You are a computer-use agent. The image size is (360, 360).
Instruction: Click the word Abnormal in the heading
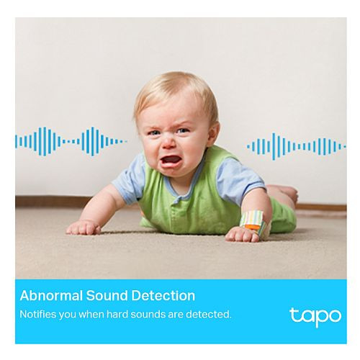pyautogui.click(x=51, y=295)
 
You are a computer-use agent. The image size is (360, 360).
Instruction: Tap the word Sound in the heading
pyautogui.click(x=107, y=295)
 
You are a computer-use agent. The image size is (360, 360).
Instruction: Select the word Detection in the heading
pyautogui.click(x=163, y=295)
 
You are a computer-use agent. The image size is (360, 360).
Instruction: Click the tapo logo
pyautogui.click(x=315, y=317)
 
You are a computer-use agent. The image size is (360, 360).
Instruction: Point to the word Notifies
pyautogui.click(x=37, y=314)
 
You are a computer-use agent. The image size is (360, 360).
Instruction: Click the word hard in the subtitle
pyautogui.click(x=117, y=314)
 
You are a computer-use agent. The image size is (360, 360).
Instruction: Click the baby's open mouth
pyautogui.click(x=170, y=161)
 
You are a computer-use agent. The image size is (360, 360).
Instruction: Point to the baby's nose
pyautogui.click(x=168, y=143)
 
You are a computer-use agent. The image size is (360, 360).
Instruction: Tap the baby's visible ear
pyautogui.click(x=213, y=135)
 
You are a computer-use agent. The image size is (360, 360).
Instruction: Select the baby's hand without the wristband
pyautogui.click(x=84, y=227)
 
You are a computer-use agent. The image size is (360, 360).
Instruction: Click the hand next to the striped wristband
pyautogui.click(x=243, y=235)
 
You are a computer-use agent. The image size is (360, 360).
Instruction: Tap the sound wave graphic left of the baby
pyautogui.click(x=71, y=142)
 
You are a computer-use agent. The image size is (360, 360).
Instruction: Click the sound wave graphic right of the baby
pyautogui.click(x=297, y=146)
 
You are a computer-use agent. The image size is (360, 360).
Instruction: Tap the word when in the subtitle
pyautogui.click(x=92, y=314)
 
